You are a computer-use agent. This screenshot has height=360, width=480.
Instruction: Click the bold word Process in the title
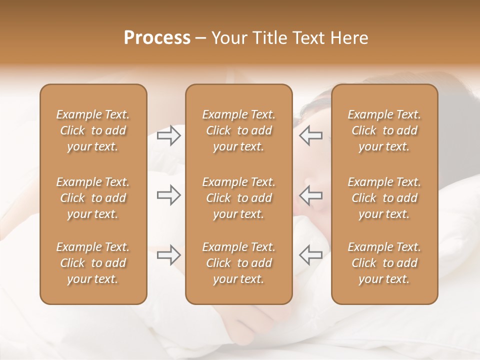157,38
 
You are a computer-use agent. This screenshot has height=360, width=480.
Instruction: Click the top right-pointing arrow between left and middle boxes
168,135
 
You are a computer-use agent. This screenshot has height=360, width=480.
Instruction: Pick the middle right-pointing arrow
168,195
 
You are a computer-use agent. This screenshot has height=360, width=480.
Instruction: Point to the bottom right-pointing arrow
168,255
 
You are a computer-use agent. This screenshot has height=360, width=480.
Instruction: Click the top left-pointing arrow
311,135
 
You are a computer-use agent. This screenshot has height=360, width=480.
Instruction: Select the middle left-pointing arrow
311,195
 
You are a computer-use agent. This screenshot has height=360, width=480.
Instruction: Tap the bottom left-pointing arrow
311,255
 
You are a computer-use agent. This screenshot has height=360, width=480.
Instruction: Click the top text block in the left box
93,130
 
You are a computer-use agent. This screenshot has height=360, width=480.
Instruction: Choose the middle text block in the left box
93,198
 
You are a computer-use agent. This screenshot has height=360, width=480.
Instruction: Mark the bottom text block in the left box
93,263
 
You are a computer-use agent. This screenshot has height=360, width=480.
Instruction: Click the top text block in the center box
239,130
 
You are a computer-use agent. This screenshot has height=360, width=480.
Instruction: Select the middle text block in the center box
239,198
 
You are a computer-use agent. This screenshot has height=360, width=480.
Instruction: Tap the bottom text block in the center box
239,263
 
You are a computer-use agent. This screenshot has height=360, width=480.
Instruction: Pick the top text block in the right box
384,130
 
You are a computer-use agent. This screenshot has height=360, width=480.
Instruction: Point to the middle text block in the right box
384,198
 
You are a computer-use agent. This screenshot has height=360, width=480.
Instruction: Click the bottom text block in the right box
384,263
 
